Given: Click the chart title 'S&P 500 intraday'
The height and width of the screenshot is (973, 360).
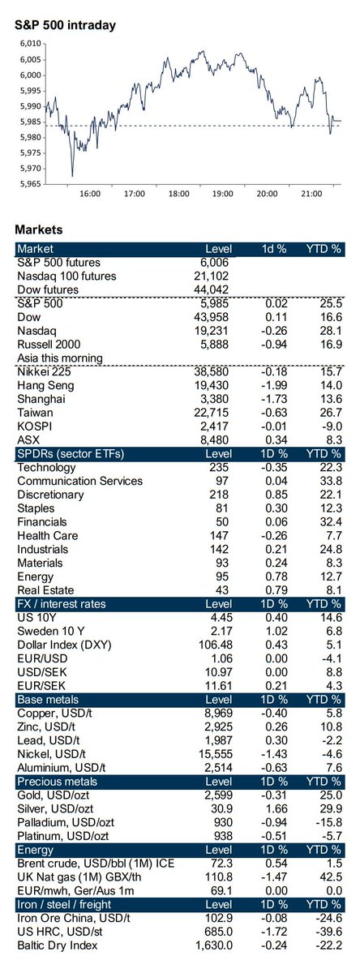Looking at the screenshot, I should tap(66, 25).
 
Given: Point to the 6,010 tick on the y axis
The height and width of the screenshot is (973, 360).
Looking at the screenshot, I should tap(30, 44).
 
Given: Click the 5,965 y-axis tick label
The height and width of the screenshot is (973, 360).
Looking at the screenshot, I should tap(30, 183).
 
